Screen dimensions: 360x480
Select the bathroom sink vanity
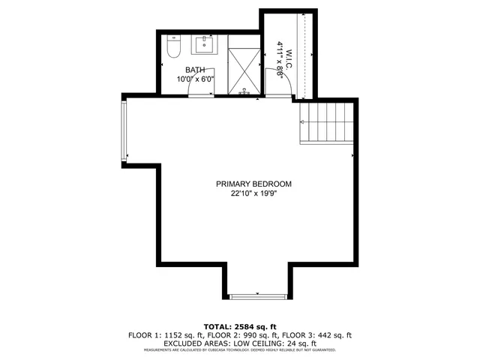point(204,45)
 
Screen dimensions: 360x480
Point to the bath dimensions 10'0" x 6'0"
point(196,79)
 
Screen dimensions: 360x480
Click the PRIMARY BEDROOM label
point(253,184)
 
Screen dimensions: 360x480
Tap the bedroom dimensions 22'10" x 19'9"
point(253,193)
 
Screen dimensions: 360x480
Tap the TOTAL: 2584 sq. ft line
point(240,327)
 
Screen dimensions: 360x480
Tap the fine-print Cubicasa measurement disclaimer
point(240,350)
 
